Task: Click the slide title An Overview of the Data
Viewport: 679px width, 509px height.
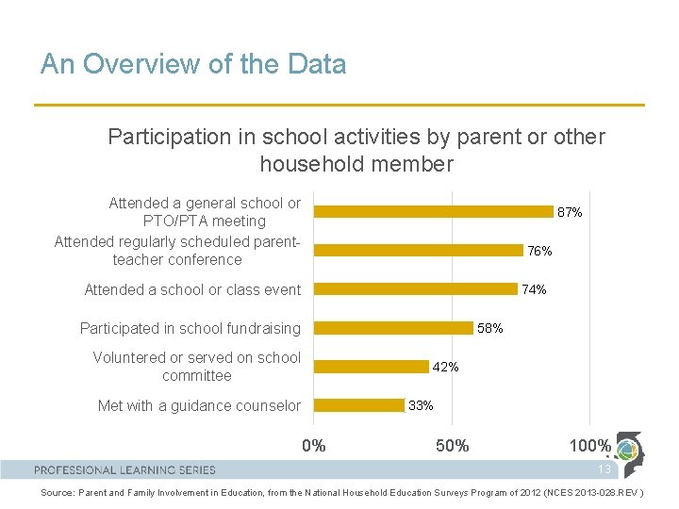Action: [x=193, y=64]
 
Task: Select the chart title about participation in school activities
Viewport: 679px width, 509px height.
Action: [x=356, y=150]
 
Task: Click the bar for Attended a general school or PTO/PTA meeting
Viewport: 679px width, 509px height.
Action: [x=433, y=212]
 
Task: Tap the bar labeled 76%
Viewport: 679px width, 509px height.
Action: [x=418, y=251]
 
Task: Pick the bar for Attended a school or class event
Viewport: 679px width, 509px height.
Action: [x=415, y=289]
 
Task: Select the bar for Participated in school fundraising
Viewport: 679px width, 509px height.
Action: [x=393, y=328]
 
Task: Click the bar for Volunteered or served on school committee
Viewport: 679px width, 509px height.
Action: [x=371, y=367]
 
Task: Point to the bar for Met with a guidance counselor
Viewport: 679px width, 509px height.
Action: [x=358, y=405]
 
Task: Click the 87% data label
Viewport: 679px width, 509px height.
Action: [x=570, y=213]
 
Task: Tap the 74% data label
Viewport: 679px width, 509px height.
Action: [x=534, y=290]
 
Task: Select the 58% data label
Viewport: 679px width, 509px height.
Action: [x=490, y=328]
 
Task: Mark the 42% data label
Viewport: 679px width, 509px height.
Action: [x=445, y=367]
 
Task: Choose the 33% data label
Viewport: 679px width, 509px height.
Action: [x=421, y=405]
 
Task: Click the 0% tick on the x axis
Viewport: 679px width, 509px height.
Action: [x=313, y=446]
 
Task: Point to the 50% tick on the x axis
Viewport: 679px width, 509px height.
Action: [x=452, y=446]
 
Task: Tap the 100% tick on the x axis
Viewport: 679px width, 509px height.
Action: [x=589, y=446]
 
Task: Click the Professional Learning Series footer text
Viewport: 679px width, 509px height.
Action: [x=124, y=469]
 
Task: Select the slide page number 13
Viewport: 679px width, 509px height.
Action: [x=604, y=469]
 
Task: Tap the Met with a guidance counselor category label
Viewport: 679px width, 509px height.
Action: [x=199, y=406]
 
